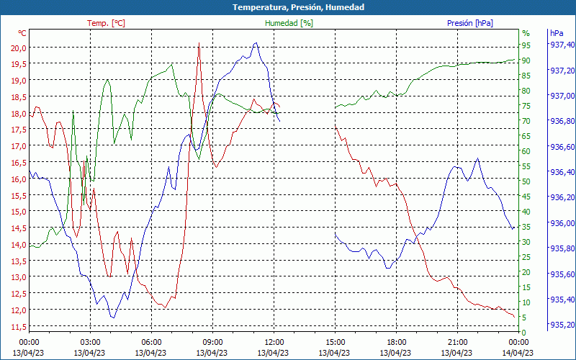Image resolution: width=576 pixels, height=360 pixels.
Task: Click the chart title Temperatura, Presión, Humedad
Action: (288, 7)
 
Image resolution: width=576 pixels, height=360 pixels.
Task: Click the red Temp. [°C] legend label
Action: (106, 23)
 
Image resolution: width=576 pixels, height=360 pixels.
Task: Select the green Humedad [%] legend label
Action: (289, 23)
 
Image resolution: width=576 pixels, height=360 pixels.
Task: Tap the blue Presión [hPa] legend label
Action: (469, 23)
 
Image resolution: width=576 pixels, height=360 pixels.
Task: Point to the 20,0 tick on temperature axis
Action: (19, 48)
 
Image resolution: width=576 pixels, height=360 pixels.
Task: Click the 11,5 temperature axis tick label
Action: (19, 327)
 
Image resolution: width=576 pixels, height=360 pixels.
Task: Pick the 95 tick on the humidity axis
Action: (526, 45)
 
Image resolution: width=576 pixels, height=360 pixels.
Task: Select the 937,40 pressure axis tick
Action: (562, 45)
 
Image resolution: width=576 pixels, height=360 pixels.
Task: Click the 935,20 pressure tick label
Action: (562, 325)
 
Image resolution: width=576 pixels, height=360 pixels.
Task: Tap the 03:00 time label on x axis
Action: (90, 341)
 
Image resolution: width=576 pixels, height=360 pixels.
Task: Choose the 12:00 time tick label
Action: (274, 341)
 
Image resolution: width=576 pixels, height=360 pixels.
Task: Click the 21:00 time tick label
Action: (457, 341)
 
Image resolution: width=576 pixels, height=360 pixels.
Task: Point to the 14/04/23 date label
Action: (518, 352)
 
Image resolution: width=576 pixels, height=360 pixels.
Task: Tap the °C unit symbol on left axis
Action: (22, 33)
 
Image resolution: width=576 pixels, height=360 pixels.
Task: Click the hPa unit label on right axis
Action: (557, 33)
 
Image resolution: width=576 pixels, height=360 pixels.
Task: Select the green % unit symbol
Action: (526, 33)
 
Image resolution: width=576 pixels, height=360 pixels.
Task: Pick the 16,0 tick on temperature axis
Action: (19, 179)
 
